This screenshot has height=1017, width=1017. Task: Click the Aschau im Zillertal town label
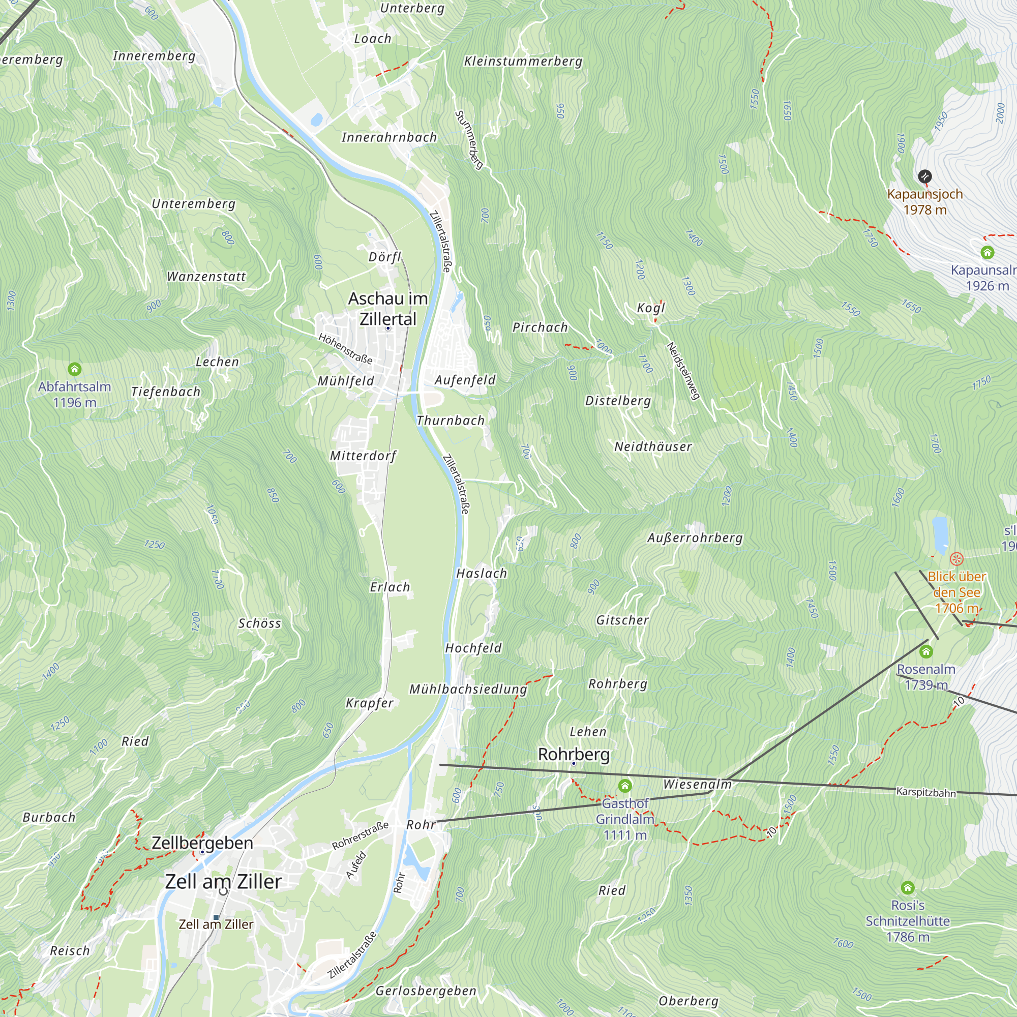click(388, 309)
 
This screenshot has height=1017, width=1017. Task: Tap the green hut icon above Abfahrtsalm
click(75, 369)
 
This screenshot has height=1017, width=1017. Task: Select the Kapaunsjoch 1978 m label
click(925, 201)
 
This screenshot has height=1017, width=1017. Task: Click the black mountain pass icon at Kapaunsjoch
click(925, 176)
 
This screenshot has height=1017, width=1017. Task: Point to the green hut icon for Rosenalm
click(926, 652)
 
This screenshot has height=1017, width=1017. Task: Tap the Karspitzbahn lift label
click(926, 792)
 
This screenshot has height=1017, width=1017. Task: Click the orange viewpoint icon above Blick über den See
click(956, 559)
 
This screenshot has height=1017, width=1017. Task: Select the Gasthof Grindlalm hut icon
click(625, 786)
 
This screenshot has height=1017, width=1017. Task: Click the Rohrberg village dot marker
click(574, 763)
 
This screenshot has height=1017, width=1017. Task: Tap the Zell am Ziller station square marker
click(216, 917)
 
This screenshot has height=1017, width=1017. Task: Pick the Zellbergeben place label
click(202, 843)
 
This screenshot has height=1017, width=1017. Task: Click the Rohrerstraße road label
click(360, 836)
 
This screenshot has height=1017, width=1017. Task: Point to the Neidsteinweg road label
click(683, 371)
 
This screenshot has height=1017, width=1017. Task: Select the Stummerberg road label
click(469, 139)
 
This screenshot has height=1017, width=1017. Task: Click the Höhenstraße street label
click(345, 348)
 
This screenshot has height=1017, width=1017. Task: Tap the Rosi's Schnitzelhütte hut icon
click(908, 888)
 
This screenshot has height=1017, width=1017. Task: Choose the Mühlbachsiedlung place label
click(468, 689)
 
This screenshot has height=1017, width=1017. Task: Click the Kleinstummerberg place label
click(523, 62)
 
